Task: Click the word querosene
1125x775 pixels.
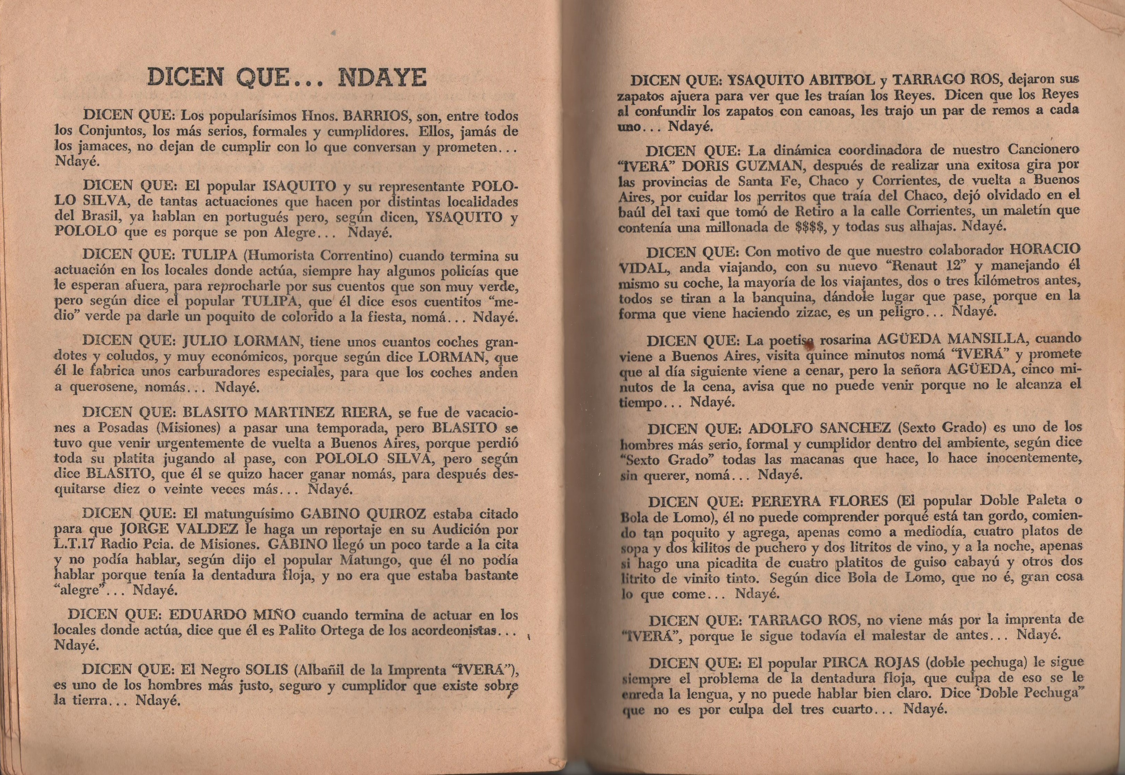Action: pyautogui.click(x=108, y=388)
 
